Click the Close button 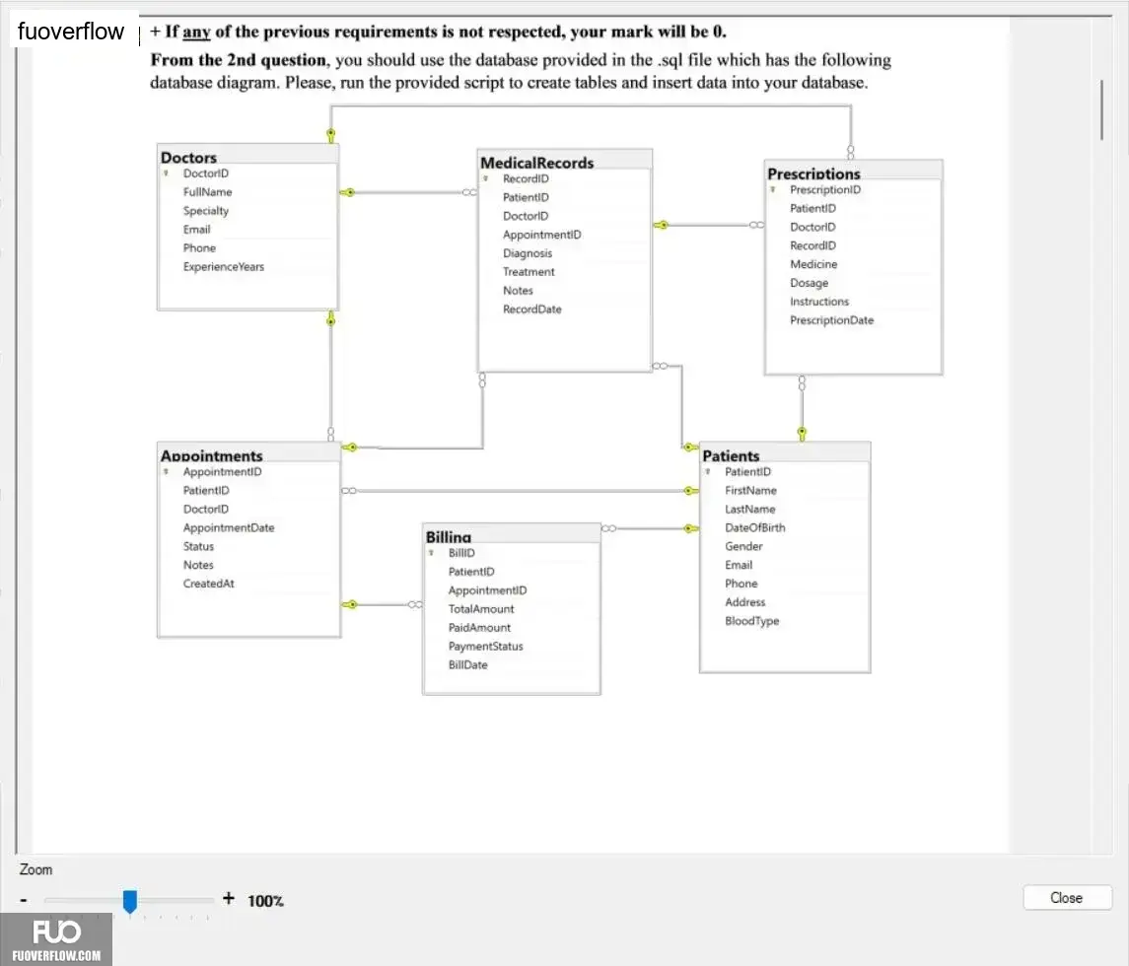pos(1066,898)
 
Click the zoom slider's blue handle pos(129,901)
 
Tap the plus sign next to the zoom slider pos(228,898)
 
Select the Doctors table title pos(188,157)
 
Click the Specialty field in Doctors pos(206,211)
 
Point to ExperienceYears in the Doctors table pos(223,266)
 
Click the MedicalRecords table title pos(537,163)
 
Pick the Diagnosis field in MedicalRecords pos(528,253)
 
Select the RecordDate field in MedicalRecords pos(532,309)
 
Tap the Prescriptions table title pos(813,173)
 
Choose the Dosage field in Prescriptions pos(810,283)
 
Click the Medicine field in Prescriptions pos(813,264)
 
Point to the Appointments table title pos(212,455)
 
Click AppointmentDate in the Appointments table pos(229,527)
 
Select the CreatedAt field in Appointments pos(209,584)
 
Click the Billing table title pos(449,537)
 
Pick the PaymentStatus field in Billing pos(486,647)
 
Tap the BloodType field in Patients pos(752,621)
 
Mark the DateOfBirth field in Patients pos(755,527)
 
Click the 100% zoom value pos(265,901)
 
